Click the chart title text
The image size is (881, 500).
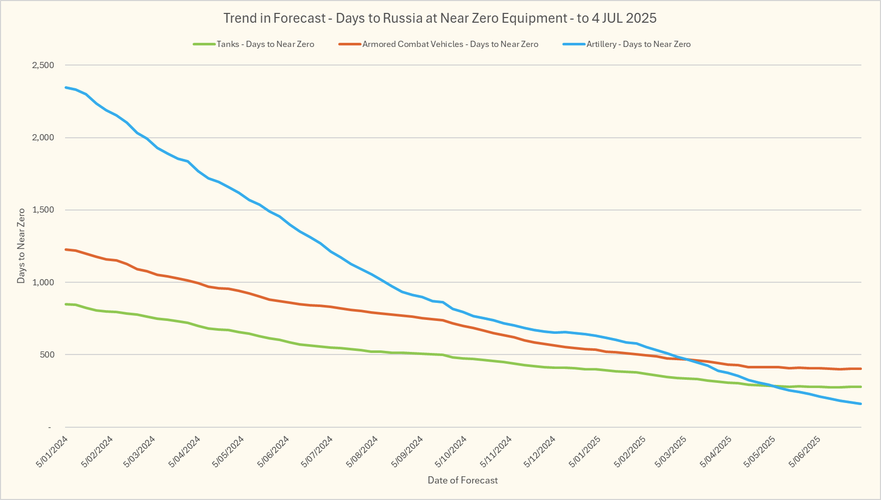click(440, 19)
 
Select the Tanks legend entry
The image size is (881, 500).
click(265, 44)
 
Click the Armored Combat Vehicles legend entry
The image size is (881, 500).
click(450, 44)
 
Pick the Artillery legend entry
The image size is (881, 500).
click(638, 44)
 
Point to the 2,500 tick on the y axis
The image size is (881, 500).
click(43, 66)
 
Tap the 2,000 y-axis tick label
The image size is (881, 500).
click(43, 138)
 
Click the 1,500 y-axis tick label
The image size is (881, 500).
click(43, 210)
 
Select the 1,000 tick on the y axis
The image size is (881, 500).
click(43, 282)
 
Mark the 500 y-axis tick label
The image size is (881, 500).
click(46, 354)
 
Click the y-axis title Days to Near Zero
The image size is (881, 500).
click(21, 246)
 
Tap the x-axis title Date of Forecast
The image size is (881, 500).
click(463, 480)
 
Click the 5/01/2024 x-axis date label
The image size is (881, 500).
click(52, 451)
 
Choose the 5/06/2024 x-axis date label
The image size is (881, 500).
click(273, 451)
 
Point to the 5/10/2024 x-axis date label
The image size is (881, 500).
click(451, 451)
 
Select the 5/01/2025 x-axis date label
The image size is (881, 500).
click(585, 451)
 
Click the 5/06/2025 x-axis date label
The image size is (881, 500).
click(805, 451)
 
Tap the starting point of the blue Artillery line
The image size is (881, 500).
click(66, 87)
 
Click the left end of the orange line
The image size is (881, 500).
click(66, 249)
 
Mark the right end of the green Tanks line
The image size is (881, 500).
click(861, 386)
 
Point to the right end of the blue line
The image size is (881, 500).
click(861, 404)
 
